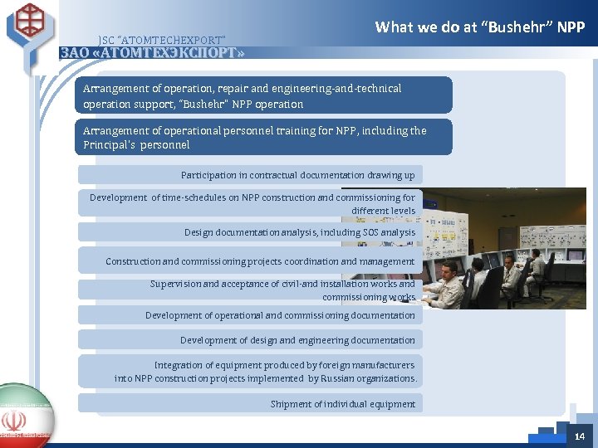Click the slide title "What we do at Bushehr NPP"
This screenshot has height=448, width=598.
tap(480, 27)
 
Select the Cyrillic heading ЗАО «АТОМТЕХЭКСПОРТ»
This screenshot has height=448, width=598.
tap(153, 53)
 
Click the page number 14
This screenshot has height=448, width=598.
tap(579, 436)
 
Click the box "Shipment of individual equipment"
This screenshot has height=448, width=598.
tap(250, 404)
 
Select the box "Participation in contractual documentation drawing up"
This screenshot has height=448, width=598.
tap(250, 175)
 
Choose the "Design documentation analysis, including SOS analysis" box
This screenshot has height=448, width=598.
tap(250, 232)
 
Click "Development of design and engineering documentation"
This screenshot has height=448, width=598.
tap(250, 340)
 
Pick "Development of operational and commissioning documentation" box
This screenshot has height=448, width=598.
tap(250, 315)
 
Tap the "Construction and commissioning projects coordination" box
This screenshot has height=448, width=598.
tap(250, 261)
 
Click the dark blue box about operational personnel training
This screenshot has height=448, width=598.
tap(266, 137)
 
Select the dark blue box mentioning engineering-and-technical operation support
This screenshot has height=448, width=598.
tap(266, 95)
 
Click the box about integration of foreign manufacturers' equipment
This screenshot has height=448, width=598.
tap(250, 372)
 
